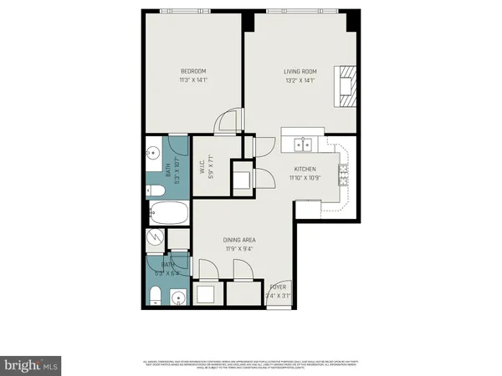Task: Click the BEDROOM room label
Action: [x=192, y=71]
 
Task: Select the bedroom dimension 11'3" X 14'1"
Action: [x=192, y=81]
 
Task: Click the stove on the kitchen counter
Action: [x=343, y=175]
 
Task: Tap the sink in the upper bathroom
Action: [x=153, y=154]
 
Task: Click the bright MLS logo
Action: [x=31, y=365]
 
